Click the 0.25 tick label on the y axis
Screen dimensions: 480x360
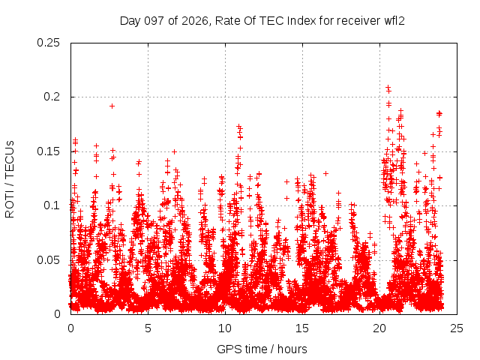point(48,43)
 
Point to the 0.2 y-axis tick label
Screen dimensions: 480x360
point(52,97)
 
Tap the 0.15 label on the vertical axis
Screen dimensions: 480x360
point(48,151)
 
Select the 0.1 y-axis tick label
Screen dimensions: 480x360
point(52,205)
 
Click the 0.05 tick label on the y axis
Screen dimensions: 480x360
point(48,260)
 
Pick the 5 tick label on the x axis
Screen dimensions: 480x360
point(148,328)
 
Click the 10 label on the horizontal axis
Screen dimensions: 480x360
point(225,328)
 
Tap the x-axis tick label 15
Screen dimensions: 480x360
point(302,328)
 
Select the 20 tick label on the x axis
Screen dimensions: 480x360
point(379,328)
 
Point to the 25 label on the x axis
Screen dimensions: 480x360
point(457,328)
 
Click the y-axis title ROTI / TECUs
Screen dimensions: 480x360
point(10,179)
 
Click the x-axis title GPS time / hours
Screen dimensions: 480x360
point(262,349)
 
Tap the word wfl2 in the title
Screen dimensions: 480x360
point(394,21)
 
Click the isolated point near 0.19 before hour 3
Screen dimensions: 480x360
point(112,106)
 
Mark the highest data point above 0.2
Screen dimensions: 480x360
point(388,87)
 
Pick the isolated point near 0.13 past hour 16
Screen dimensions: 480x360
point(326,173)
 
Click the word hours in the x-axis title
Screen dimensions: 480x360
point(292,349)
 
